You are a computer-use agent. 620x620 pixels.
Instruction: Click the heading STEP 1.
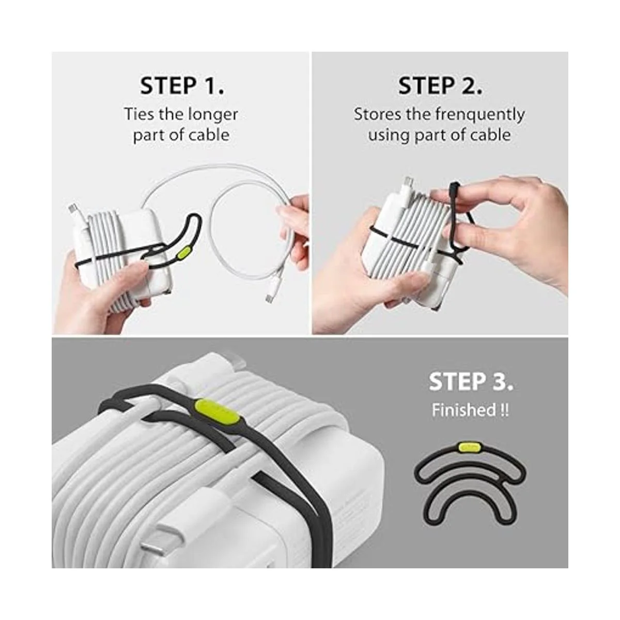click(x=182, y=86)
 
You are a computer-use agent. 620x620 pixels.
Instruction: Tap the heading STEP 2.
click(x=440, y=86)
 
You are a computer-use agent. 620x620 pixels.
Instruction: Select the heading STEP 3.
click(x=471, y=381)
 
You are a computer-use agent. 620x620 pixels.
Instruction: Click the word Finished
click(x=463, y=410)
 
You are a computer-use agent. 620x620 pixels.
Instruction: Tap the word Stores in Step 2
click(x=377, y=114)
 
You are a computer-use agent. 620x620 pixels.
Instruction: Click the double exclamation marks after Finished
click(x=505, y=410)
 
